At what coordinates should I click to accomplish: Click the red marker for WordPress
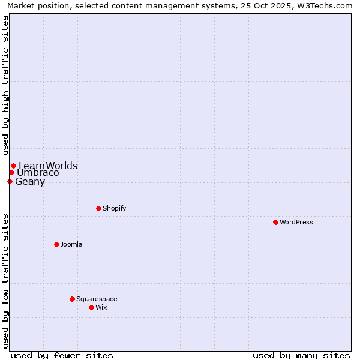(x=275, y=222)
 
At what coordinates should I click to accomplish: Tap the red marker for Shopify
(x=98, y=208)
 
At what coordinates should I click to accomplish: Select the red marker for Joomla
(x=56, y=244)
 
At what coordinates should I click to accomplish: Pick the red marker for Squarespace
(x=72, y=299)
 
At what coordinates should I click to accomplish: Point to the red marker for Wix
(x=91, y=307)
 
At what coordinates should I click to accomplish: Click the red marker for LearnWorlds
(x=13, y=166)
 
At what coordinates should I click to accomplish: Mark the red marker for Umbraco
(x=11, y=173)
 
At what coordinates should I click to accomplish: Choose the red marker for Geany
(x=10, y=181)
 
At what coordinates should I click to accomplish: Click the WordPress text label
(x=296, y=222)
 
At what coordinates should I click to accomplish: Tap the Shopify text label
(x=114, y=208)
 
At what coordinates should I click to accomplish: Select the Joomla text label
(x=71, y=244)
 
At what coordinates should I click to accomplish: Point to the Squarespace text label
(x=97, y=299)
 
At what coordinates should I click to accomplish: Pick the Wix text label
(x=101, y=307)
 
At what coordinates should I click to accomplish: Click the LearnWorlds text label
(x=48, y=166)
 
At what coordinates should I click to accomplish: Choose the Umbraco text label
(x=38, y=173)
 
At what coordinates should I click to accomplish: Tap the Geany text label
(x=30, y=182)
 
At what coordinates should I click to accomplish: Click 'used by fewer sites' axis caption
(x=62, y=355)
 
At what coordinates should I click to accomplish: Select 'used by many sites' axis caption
(x=301, y=355)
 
